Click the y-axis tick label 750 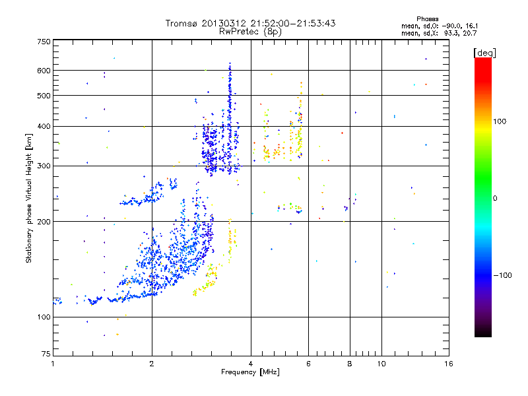44,42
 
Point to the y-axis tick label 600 44,70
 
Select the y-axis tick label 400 44,126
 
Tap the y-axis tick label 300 44,166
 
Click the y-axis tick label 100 44,317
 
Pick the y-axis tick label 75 46,354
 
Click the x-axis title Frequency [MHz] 249,373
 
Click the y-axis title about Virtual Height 29,198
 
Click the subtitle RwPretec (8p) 250,31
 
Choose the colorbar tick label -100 502,275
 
